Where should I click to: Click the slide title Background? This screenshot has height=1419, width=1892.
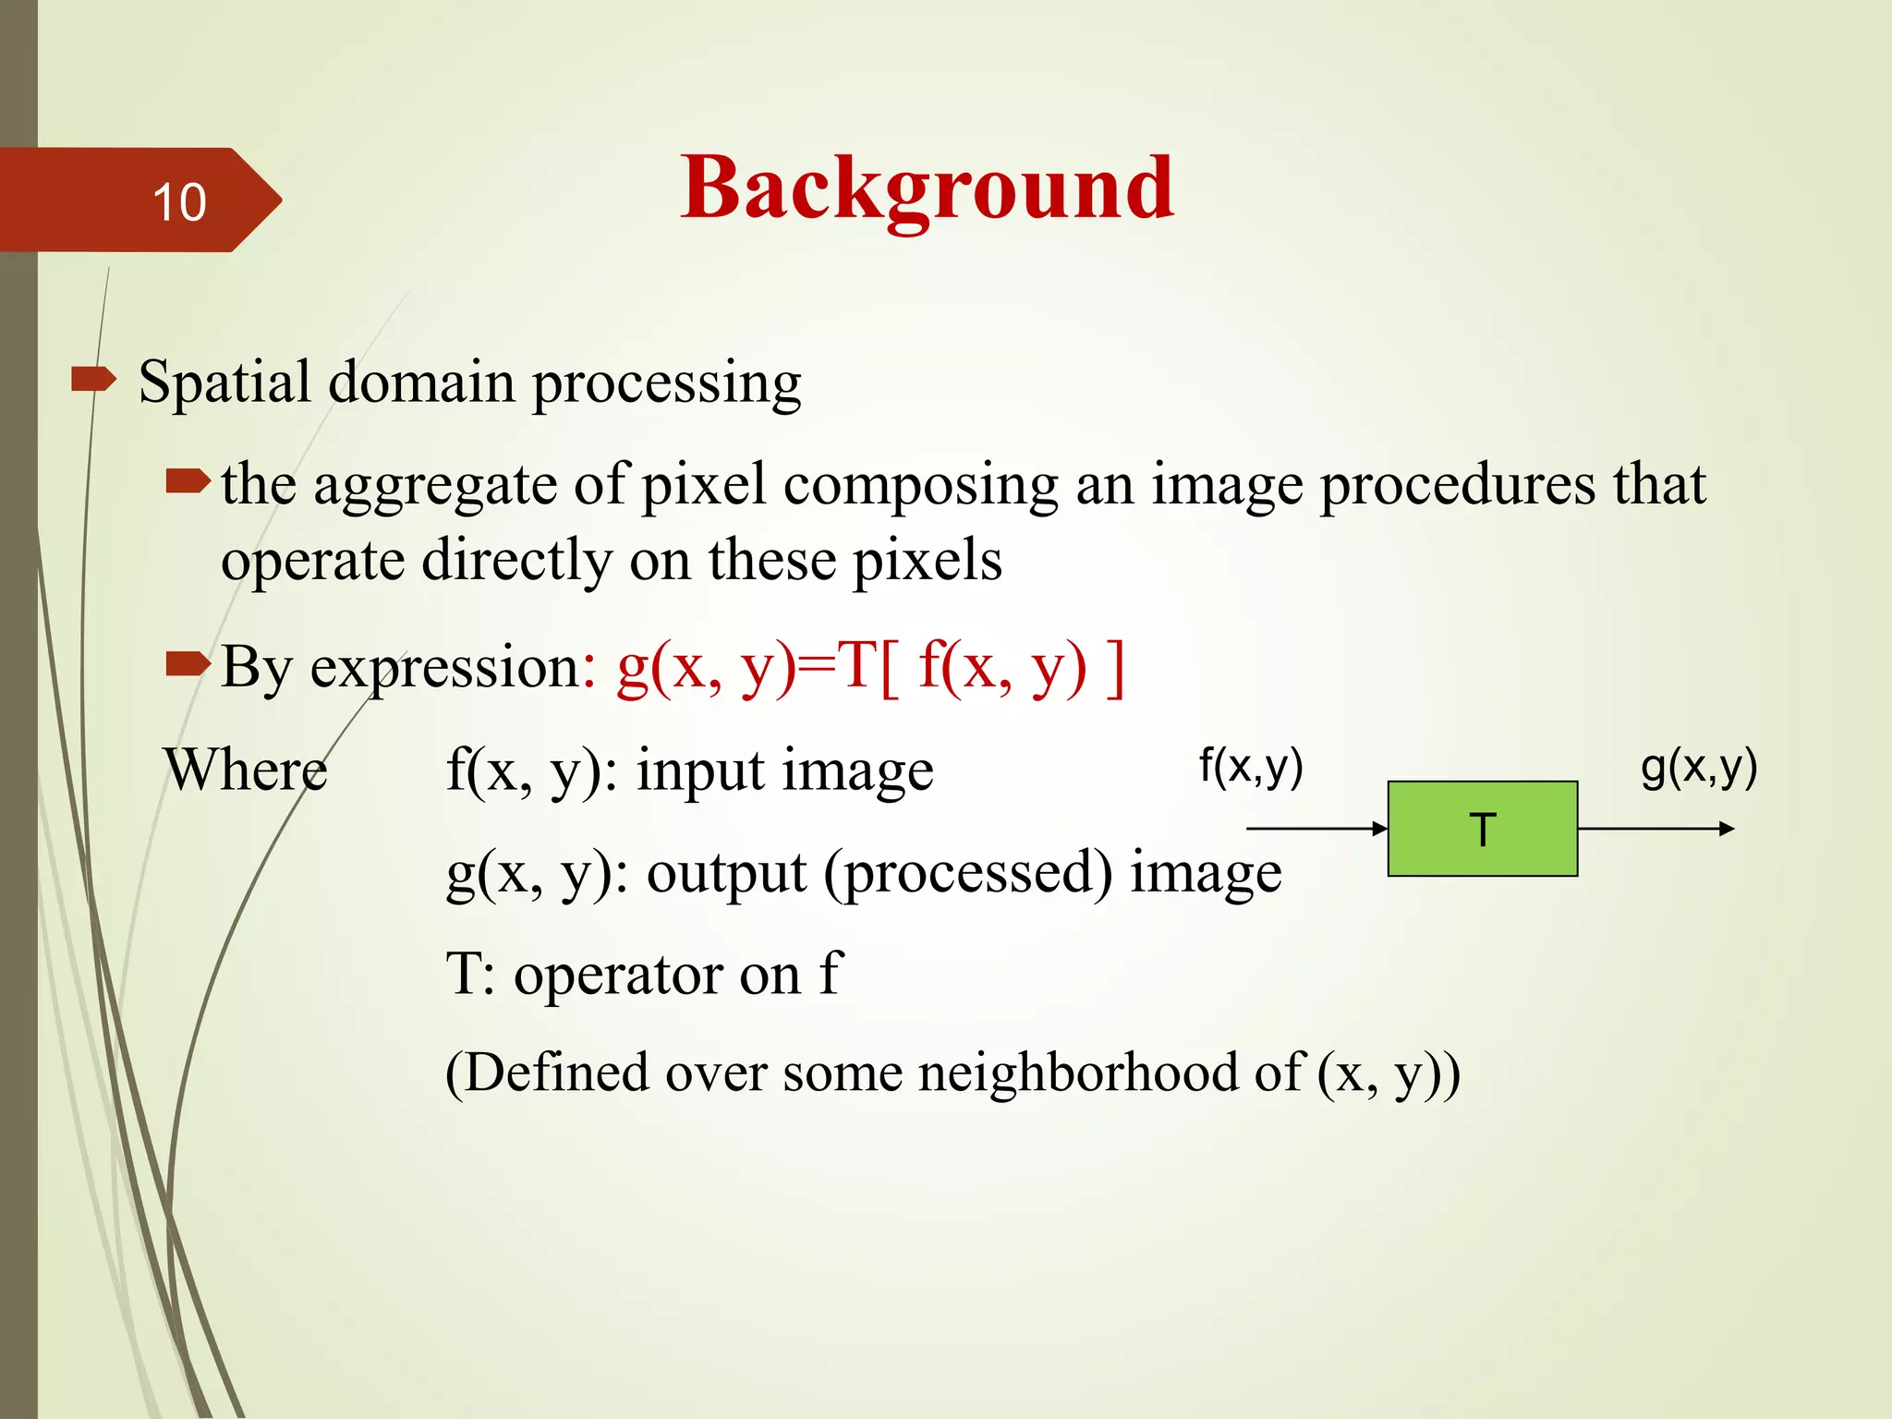[927, 188]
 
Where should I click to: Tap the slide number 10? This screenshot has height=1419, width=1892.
[179, 202]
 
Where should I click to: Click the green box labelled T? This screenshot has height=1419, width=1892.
[1482, 829]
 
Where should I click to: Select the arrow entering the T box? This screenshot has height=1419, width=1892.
[1316, 829]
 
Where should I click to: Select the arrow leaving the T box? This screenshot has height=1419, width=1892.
[1655, 829]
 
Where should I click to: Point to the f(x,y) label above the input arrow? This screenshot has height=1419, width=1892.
[1251, 767]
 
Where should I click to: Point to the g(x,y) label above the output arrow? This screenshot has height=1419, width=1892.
[1698, 767]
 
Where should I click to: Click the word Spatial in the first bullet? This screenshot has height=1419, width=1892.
[224, 382]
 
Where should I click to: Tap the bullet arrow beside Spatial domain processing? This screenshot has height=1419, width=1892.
[93, 379]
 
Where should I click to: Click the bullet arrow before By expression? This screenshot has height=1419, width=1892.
[188, 662]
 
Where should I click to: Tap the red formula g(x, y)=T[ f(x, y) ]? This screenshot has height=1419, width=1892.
[870, 667]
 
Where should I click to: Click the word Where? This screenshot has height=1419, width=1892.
[246, 770]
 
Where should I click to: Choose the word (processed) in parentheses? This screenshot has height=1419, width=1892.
[968, 873]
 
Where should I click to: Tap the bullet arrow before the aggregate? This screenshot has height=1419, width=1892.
[188, 480]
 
